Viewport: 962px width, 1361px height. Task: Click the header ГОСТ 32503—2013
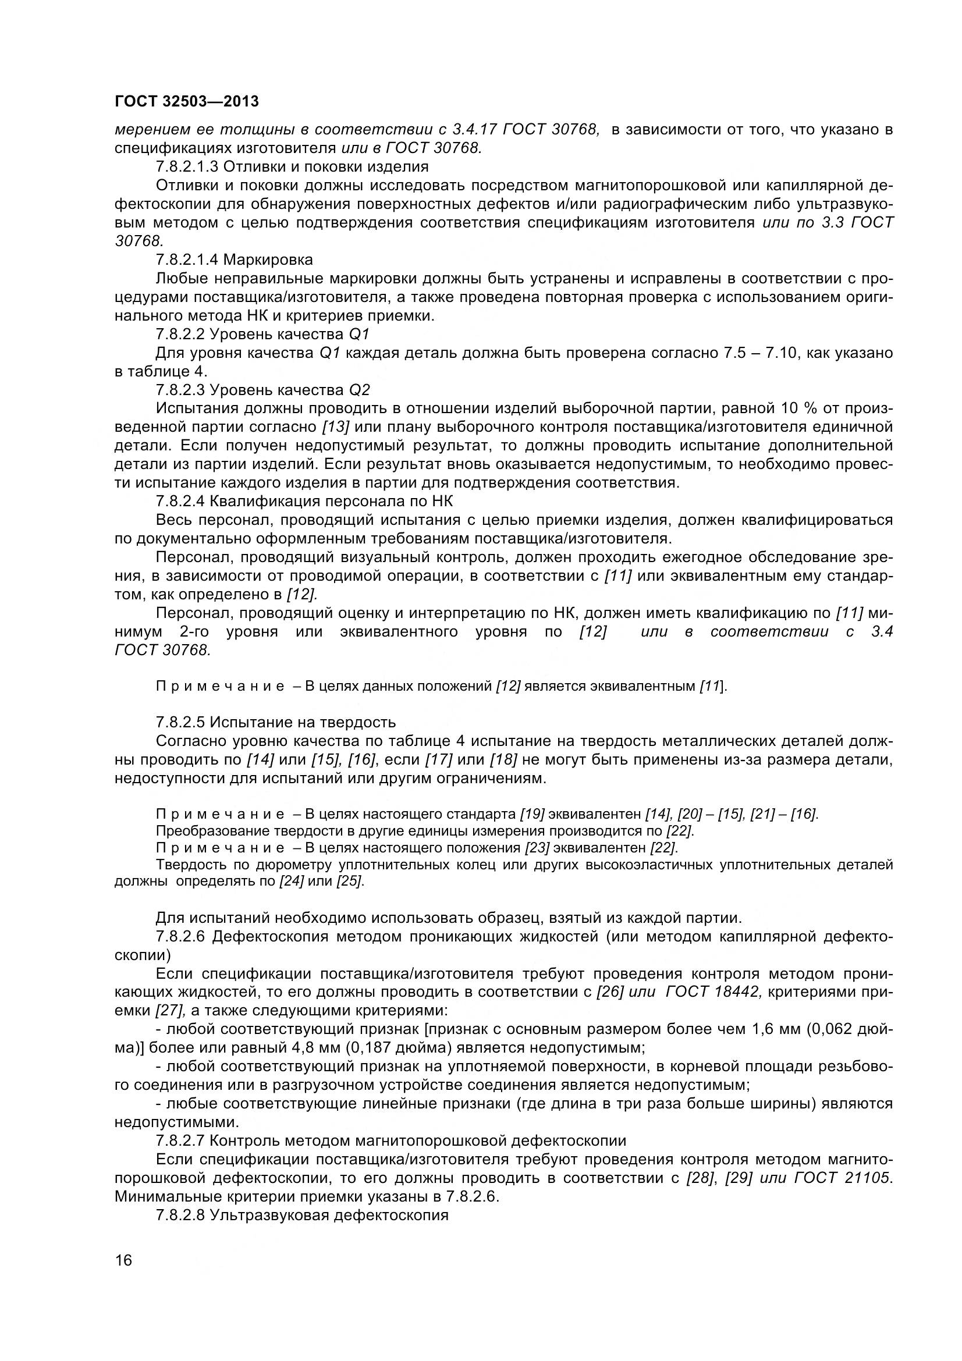187,102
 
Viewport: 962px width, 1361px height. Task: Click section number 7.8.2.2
181,334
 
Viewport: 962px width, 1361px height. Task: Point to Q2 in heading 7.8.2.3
359,389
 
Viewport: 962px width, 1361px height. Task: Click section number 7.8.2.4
181,501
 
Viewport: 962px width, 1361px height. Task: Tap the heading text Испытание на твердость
302,722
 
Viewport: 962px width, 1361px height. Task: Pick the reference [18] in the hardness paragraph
504,759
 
